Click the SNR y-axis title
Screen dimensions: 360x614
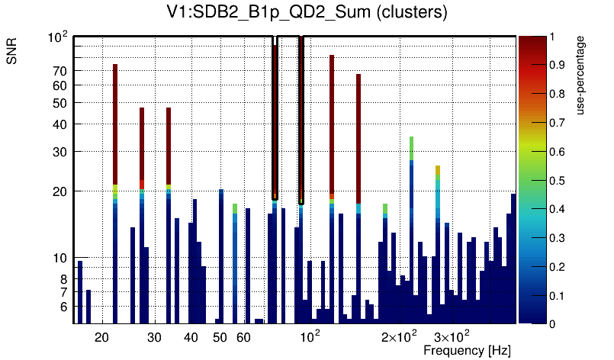pyautogui.click(x=13, y=53)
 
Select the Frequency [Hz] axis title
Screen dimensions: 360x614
pyautogui.click(x=467, y=350)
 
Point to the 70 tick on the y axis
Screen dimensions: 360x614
pyautogui.click(x=59, y=71)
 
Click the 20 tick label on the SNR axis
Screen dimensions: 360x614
pyautogui.click(x=59, y=191)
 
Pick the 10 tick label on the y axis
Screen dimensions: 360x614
pyautogui.click(x=59, y=259)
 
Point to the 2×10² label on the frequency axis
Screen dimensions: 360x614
pyautogui.click(x=399, y=336)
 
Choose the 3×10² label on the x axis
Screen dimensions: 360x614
pyautogui.click(x=452, y=336)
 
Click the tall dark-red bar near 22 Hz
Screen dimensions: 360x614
pyautogui.click(x=115, y=122)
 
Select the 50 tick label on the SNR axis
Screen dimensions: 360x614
pyautogui.click(x=59, y=103)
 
